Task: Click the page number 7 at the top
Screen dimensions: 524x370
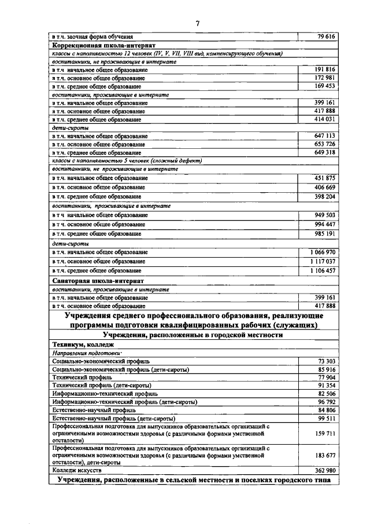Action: (x=197, y=24)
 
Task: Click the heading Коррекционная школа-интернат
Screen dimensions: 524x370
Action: (x=103, y=45)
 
